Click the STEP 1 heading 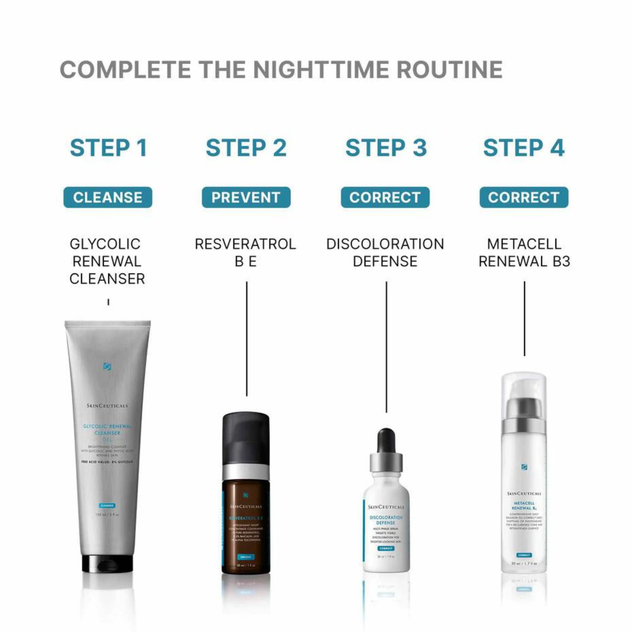(108, 148)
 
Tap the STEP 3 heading (386, 148)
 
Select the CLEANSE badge (108, 197)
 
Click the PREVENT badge (246, 197)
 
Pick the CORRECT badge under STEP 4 (524, 197)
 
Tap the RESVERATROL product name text (245, 244)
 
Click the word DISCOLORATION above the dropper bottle (385, 244)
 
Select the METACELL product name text (524, 244)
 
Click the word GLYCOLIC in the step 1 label (105, 244)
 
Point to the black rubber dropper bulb (386, 440)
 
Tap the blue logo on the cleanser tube (107, 366)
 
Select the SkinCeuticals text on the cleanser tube (107, 406)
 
